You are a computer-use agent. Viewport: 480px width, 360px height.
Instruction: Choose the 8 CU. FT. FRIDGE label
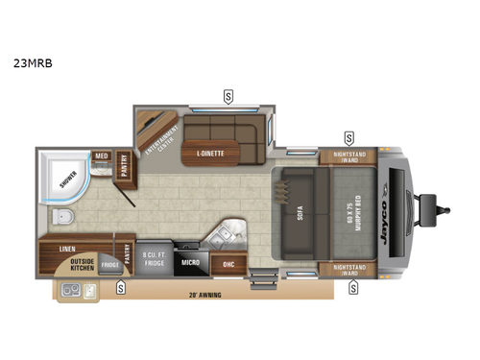(155, 260)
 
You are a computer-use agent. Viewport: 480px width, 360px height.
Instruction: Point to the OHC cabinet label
(228, 263)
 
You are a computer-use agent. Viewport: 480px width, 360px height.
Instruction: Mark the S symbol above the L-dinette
(228, 95)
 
